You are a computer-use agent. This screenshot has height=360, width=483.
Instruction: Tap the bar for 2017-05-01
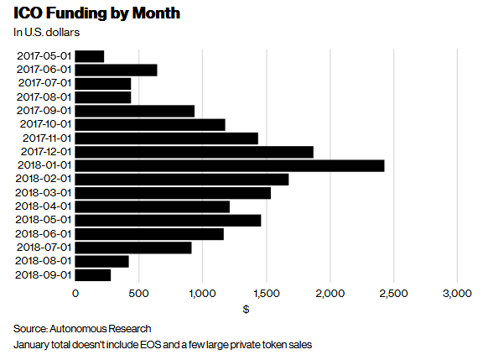[90, 56]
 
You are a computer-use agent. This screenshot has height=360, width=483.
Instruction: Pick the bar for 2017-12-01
[194, 152]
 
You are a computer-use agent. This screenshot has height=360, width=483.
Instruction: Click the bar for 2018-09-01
[93, 274]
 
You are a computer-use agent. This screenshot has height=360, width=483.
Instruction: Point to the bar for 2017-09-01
[135, 111]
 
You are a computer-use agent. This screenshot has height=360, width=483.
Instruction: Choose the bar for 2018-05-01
[168, 220]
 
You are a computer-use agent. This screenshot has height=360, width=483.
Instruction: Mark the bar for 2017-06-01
[117, 70]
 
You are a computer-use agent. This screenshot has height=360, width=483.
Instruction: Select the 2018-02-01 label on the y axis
[44, 179]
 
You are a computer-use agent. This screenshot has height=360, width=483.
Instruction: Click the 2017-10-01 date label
[44, 124]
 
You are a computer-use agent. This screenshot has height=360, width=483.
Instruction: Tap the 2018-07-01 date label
[44, 248]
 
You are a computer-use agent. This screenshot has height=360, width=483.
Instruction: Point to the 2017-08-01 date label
[44, 97]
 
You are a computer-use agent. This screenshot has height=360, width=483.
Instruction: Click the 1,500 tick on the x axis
[266, 293]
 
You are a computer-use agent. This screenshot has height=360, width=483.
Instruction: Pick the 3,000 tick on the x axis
[457, 293]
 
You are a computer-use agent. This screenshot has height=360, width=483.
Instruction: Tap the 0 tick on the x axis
[75, 293]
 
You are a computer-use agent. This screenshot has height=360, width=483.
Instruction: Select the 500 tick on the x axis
[139, 293]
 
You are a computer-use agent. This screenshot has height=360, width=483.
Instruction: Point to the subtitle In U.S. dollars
[48, 33]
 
